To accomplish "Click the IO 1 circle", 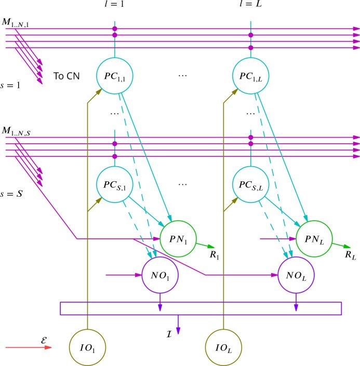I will point(87,346).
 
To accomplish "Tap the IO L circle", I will point(223,346).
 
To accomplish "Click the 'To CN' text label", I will point(66,76).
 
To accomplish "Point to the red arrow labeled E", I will point(29,347).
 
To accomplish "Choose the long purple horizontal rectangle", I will point(201,308).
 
